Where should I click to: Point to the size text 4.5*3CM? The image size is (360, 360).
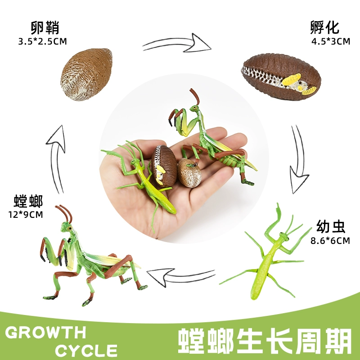click(330, 42)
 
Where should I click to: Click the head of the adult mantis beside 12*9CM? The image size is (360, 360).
click(70, 228)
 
